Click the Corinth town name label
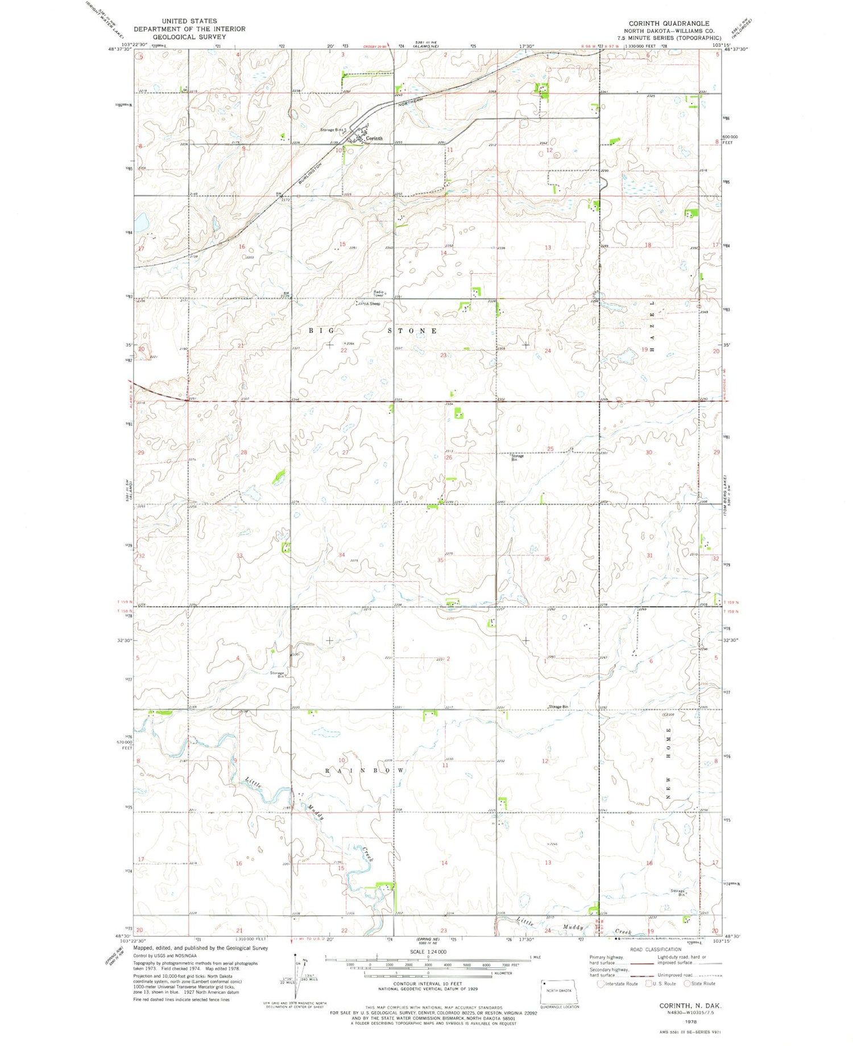click(x=374, y=138)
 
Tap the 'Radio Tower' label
click(x=379, y=294)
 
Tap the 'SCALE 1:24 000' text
click(x=428, y=952)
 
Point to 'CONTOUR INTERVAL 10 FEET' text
click(x=428, y=983)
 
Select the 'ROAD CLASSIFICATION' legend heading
click(x=655, y=949)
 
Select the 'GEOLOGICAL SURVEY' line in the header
click(x=188, y=36)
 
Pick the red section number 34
click(x=341, y=555)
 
